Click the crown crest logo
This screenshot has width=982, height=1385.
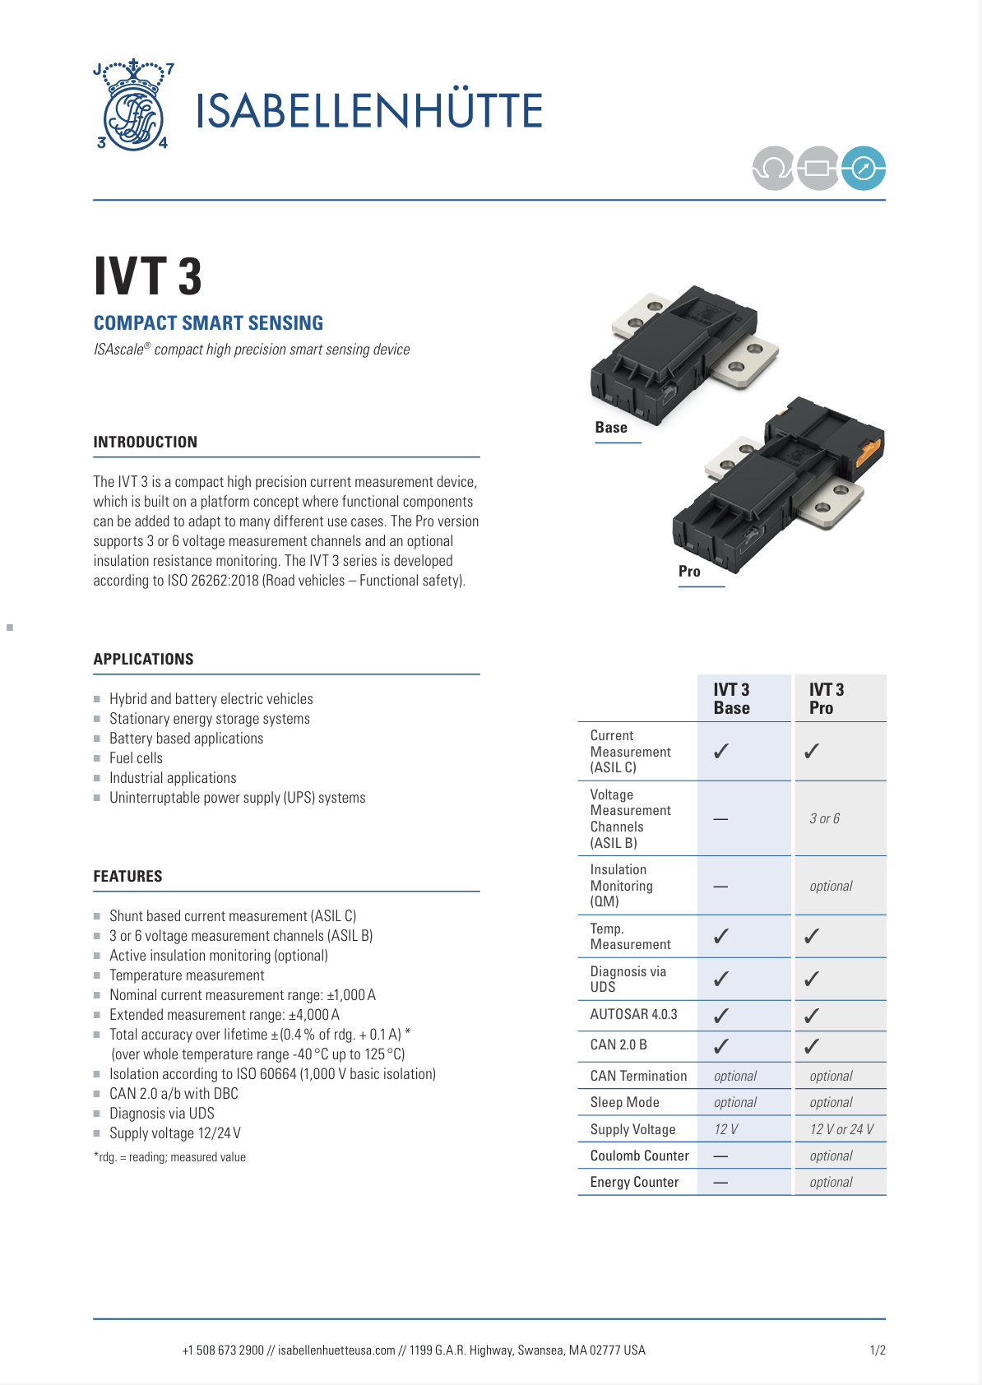(x=132, y=106)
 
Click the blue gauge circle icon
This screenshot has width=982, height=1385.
(x=863, y=169)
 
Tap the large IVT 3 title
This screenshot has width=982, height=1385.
(x=148, y=276)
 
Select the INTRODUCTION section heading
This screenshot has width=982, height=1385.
(x=146, y=442)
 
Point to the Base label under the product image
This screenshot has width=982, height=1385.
(x=611, y=428)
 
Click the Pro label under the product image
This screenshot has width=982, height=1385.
(x=689, y=572)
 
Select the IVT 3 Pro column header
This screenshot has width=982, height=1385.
(x=827, y=699)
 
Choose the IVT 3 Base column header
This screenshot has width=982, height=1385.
(x=731, y=699)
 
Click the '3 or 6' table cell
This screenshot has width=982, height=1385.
(x=824, y=819)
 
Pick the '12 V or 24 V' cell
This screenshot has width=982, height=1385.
(x=841, y=1130)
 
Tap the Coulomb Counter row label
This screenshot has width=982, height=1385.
(x=639, y=1156)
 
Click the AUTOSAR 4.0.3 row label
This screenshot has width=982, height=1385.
(x=633, y=1015)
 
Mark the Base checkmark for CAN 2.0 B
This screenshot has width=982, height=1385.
(x=721, y=1046)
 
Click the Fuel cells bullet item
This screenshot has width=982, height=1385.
(x=136, y=758)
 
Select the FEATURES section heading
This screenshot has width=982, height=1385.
(x=128, y=877)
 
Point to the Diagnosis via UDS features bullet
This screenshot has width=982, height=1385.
(x=162, y=1114)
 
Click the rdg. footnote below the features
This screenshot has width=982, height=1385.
(x=169, y=1157)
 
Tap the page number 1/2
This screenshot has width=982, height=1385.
(x=878, y=1350)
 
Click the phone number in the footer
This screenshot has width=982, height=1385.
(x=223, y=1350)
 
